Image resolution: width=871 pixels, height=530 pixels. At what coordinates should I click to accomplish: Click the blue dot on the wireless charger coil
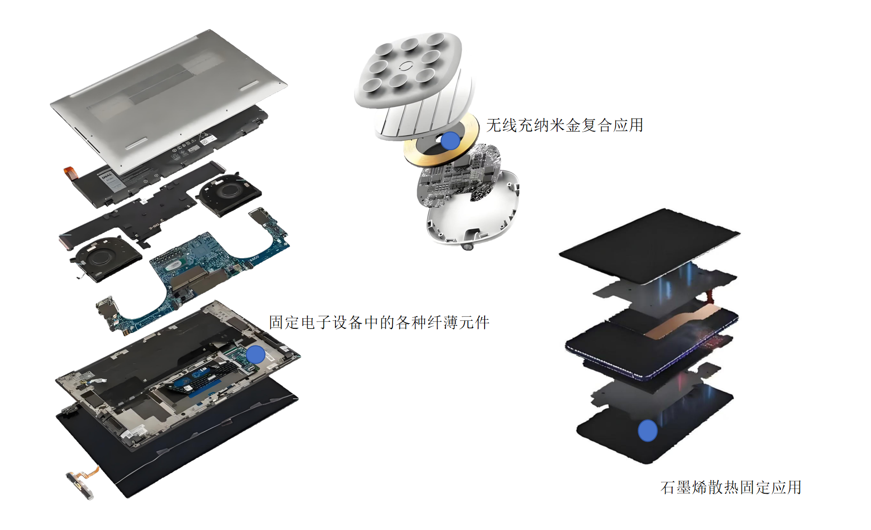point(449,141)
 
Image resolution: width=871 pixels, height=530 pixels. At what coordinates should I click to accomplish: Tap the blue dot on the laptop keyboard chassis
point(255,355)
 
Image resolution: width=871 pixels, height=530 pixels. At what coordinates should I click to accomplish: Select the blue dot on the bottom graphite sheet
point(647,431)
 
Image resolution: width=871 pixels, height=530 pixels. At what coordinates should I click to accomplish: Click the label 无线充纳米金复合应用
point(565,125)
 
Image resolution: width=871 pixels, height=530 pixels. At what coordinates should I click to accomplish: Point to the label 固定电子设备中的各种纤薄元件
point(379,322)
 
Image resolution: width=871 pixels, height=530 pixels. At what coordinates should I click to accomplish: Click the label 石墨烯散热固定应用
point(731,487)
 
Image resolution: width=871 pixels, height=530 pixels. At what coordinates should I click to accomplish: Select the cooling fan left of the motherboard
point(105,254)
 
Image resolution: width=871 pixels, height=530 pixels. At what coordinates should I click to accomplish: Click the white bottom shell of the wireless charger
point(474,212)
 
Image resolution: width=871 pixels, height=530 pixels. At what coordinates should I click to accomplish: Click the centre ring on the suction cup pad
point(406,66)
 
